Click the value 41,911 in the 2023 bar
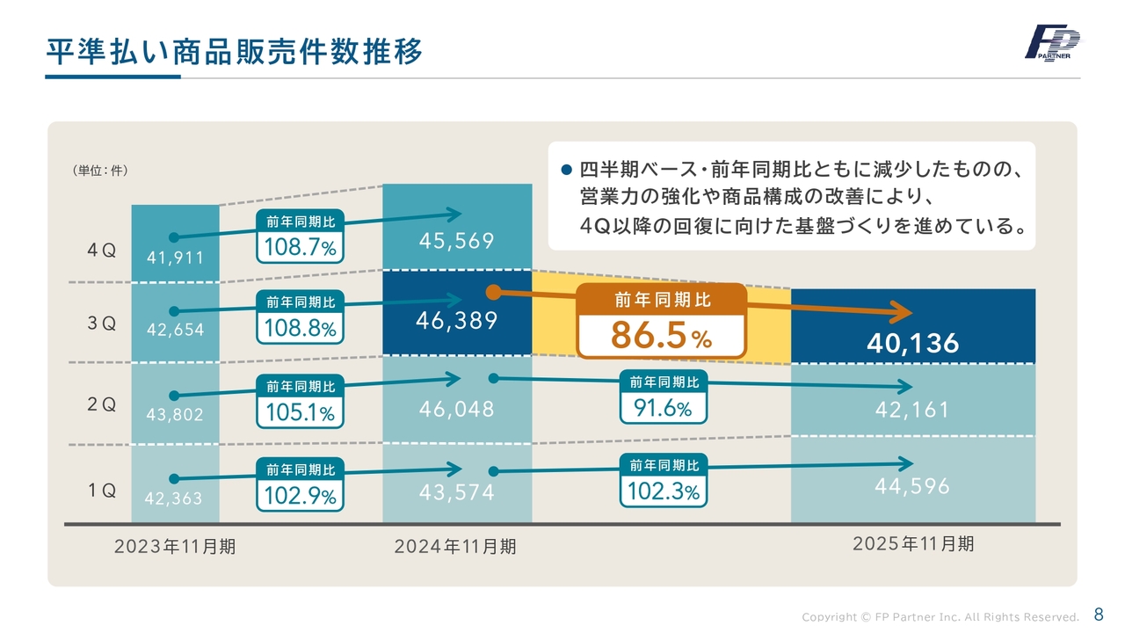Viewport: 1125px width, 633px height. point(175,258)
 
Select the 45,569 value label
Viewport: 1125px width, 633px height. point(456,241)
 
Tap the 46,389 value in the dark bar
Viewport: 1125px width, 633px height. point(456,321)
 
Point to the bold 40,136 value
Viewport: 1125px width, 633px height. point(912,344)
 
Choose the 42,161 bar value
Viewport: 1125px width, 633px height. point(912,410)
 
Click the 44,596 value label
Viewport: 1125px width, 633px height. point(912,485)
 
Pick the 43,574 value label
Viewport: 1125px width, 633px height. point(456,493)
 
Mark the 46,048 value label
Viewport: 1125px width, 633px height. point(456,410)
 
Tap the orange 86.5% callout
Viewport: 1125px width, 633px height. point(661,322)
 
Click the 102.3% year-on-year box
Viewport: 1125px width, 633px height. point(664,481)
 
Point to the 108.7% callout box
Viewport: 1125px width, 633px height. point(301,236)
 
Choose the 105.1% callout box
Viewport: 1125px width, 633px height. point(301,401)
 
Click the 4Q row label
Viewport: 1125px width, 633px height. point(102,250)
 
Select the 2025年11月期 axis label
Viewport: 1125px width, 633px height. point(913,544)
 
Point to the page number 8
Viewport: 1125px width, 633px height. point(1098,614)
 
